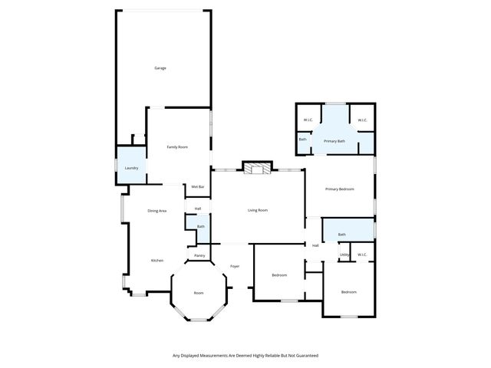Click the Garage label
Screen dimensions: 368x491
point(160,68)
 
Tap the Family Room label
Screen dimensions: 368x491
point(178,146)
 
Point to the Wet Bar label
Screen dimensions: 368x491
point(197,186)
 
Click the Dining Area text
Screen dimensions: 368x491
point(157,210)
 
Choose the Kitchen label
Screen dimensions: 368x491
point(157,261)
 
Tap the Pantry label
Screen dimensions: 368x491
point(199,255)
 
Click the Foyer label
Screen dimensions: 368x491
point(235,266)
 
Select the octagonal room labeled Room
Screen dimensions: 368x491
point(199,293)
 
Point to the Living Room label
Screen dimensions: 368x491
point(257,210)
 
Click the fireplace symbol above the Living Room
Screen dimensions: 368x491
point(256,169)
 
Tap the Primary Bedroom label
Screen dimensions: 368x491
point(339,189)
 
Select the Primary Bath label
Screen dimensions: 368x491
point(334,141)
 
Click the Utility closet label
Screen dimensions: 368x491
point(344,255)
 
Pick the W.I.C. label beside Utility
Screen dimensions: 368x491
point(362,255)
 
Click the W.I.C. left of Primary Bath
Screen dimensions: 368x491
point(308,120)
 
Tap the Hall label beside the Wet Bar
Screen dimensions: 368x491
point(197,209)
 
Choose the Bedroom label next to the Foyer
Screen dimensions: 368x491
point(279,275)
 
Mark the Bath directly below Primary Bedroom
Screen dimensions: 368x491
point(341,235)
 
